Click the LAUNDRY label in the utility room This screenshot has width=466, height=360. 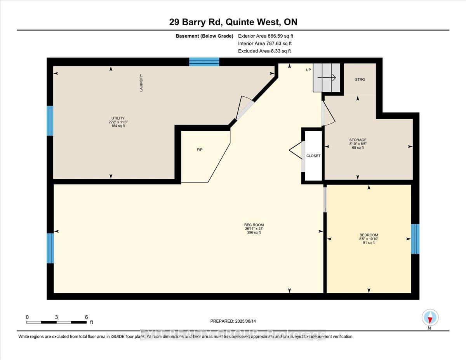point(141,82)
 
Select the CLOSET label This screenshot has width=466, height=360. point(313,156)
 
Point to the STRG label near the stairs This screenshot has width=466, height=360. point(360,80)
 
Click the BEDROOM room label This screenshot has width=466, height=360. point(369,235)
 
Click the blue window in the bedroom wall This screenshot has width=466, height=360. point(415,238)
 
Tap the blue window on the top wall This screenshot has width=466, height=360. point(204,62)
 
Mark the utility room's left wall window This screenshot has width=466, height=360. point(50,121)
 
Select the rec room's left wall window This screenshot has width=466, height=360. point(50,248)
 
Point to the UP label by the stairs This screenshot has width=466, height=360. point(309,70)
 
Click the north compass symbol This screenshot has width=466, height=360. point(430,318)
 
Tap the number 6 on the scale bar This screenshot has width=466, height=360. point(86,317)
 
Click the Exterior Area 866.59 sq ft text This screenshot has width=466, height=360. point(265,36)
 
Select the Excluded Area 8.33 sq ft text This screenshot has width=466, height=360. point(264,51)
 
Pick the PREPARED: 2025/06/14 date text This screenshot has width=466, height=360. point(233,321)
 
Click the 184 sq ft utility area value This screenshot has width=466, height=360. point(118,125)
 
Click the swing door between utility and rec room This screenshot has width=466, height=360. point(245,108)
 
